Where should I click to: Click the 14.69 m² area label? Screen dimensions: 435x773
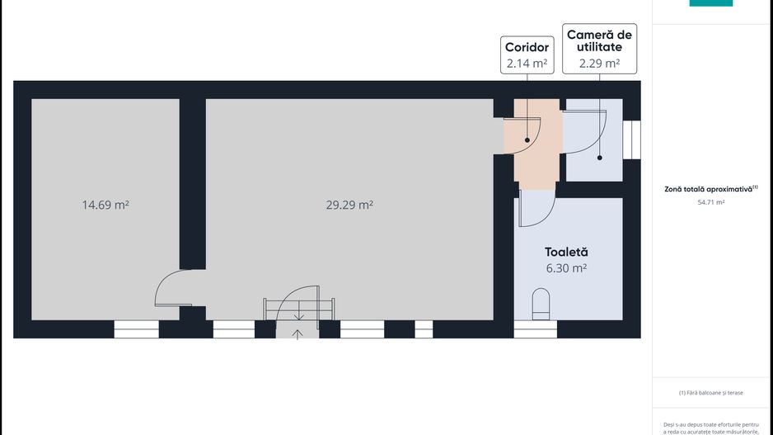pos(105,205)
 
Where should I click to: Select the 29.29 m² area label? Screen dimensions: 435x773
pos(349,205)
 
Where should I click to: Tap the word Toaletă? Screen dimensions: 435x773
pos(566,252)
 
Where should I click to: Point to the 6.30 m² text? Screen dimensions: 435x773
pos(566,268)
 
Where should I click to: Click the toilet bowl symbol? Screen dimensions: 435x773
pos(541,303)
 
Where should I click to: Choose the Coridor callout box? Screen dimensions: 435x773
pos(527,55)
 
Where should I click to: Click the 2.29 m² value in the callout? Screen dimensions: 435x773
pos(599,63)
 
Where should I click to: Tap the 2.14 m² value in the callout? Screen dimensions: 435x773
pos(527,63)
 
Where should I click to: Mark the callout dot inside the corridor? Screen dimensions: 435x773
pos(527,140)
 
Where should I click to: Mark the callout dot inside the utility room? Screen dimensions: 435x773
pos(599,158)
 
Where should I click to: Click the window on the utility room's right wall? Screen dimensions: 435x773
pos(632,139)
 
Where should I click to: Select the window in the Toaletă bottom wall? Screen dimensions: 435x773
pos(535,329)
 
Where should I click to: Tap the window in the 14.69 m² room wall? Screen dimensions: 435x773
pos(136,329)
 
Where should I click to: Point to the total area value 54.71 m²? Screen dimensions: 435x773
pos(710,202)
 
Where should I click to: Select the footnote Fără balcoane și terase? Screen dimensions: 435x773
pos(710,393)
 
